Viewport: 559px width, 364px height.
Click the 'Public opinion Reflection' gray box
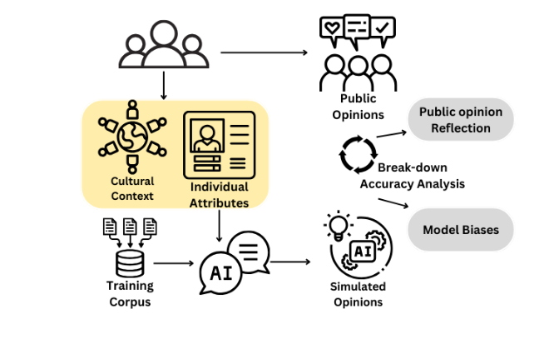click(x=459, y=120)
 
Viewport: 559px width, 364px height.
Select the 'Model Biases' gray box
click(x=460, y=229)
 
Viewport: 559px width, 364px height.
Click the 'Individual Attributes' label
click(x=219, y=195)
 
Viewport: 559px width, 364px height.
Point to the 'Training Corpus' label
click(x=130, y=293)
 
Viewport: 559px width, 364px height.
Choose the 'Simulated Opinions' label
click(x=358, y=293)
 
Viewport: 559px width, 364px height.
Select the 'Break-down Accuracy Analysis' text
click(x=412, y=176)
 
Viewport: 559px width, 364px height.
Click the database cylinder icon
click(x=129, y=263)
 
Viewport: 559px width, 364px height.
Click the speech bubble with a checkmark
click(x=383, y=28)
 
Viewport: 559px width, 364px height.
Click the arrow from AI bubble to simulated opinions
click(x=290, y=262)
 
